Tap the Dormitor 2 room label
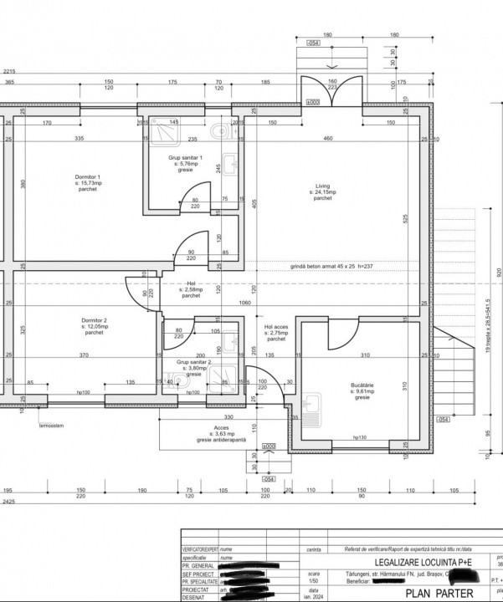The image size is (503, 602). pyautogui.click(x=94, y=326)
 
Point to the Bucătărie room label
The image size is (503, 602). pyautogui.click(x=362, y=391)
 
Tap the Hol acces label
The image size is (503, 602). pyautogui.click(x=276, y=333)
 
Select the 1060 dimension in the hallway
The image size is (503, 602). pyautogui.click(x=244, y=302)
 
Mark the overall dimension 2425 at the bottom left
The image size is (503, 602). pyautogui.click(x=8, y=503)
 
